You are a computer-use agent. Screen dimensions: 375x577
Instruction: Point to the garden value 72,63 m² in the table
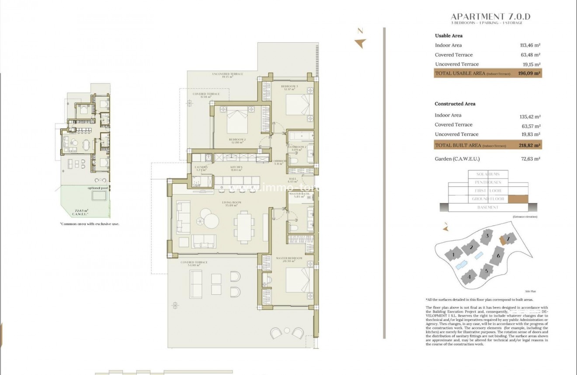click(531, 159)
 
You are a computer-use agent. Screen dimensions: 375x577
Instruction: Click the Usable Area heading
click(448, 36)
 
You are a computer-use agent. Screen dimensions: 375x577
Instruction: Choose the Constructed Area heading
click(455, 104)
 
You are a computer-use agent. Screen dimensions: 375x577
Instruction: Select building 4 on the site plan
click(469, 276)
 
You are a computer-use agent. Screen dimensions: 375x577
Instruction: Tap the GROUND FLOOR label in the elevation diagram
click(488, 199)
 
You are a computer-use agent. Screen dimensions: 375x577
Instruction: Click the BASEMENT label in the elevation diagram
click(487, 207)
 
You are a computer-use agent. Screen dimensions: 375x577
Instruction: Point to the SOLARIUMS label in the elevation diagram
click(488, 174)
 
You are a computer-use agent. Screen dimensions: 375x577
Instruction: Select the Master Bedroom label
click(289, 258)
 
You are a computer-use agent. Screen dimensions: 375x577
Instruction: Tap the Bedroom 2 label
click(236, 140)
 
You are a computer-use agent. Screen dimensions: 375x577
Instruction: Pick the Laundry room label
click(201, 168)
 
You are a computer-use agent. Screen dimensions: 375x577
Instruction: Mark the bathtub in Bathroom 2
click(301, 137)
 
